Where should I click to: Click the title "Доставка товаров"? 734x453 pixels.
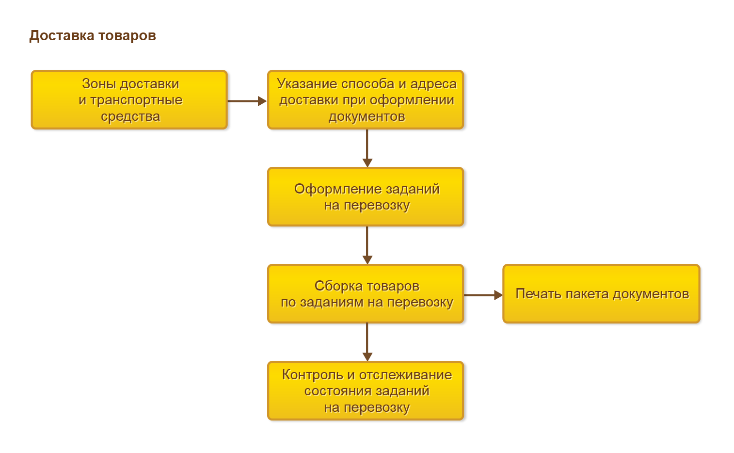pos(93,36)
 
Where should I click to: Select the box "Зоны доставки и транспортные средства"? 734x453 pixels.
pos(129,100)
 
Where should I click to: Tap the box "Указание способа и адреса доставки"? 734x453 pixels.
pos(366,100)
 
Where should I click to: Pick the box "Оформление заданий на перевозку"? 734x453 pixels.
pos(366,197)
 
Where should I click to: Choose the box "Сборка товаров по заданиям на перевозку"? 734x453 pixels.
pos(366,294)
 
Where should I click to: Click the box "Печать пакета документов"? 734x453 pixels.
pos(602,294)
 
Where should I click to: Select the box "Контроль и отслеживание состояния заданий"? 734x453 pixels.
pos(366,391)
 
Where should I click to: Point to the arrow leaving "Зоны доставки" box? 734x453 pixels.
pos(247,101)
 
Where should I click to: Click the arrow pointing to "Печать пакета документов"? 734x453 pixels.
pos(483,295)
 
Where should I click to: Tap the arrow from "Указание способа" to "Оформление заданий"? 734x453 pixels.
pos(367,148)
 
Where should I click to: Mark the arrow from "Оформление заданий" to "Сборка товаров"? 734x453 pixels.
pos(367,245)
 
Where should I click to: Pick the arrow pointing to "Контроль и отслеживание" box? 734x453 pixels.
pos(367,342)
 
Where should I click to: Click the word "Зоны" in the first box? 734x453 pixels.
pos(99,84)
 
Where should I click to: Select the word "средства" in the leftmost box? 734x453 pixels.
pos(130,116)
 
